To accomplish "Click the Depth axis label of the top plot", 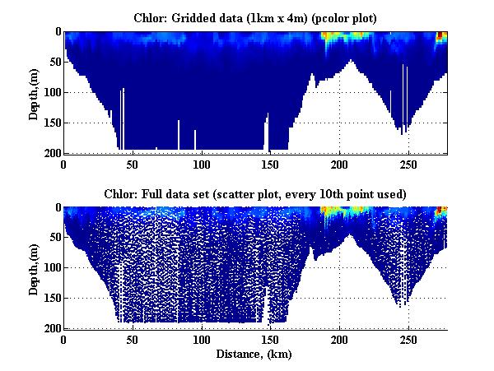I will [x=34, y=92].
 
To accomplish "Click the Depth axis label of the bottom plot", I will [x=34, y=268].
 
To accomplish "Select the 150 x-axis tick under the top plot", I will [x=271, y=163].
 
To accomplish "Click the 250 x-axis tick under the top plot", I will [x=409, y=163].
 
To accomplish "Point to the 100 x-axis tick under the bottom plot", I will [x=202, y=339].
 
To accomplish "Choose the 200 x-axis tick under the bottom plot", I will [x=340, y=339].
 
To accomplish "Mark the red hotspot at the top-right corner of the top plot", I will [x=441, y=35].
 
